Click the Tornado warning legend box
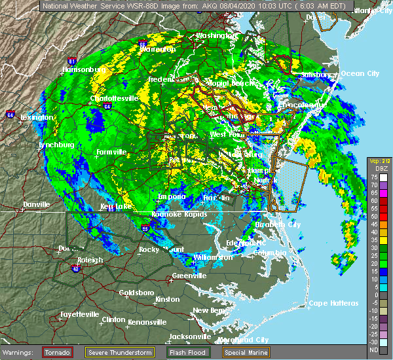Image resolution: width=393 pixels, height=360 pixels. point(57,352)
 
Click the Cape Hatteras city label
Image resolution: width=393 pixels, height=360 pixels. point(333,303)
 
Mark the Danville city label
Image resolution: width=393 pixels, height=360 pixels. point(36,204)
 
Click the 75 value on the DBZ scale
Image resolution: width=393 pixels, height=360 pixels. point(375,177)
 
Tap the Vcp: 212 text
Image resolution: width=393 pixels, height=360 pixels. point(379,161)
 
